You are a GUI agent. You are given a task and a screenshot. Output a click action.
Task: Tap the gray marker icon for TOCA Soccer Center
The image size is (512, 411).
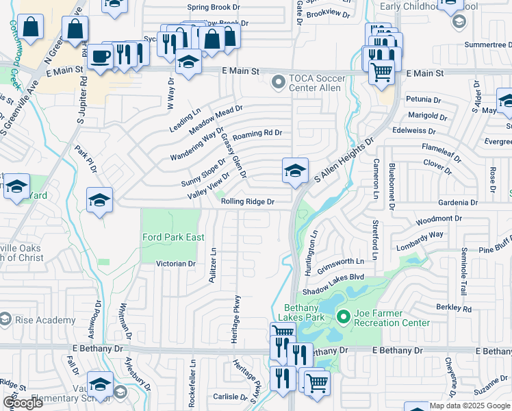pos(278,83)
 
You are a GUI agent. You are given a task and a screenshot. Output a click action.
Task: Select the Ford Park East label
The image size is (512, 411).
pos(173,237)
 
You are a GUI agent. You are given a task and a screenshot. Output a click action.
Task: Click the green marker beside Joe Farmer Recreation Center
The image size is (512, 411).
pos(344,316)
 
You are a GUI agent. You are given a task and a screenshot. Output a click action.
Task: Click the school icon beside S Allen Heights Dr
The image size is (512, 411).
pos(295,171)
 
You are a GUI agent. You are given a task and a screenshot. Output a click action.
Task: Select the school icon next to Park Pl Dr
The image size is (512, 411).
pos(99,200)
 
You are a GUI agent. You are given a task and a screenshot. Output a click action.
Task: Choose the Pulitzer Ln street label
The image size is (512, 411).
pos(213,264)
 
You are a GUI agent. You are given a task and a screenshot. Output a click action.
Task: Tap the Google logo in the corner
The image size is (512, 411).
pos(23,403)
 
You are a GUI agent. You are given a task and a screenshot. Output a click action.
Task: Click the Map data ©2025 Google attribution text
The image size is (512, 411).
pos(470,406)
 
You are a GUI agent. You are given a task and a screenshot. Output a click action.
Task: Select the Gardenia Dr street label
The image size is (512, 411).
pos(457,203)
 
